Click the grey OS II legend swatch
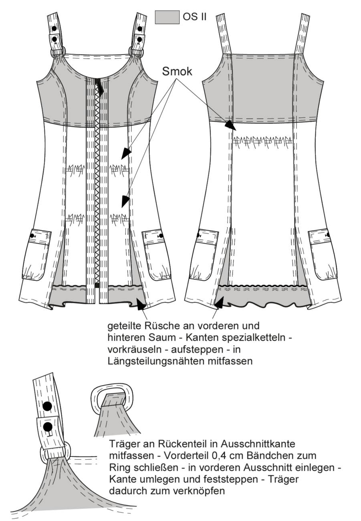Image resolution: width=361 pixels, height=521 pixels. (x=167, y=17)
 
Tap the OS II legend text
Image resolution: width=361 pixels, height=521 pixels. (x=194, y=17)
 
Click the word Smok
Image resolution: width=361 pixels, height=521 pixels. (x=177, y=71)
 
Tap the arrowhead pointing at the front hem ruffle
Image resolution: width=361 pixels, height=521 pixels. (x=141, y=304)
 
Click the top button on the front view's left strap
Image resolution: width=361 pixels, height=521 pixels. (x=54, y=28)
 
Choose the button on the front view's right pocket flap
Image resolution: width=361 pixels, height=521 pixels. (x=161, y=236)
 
